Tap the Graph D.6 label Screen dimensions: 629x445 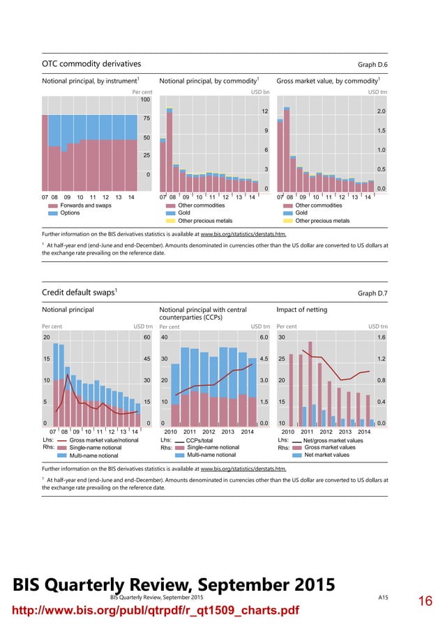372,65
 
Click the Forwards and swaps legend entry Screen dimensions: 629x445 85,205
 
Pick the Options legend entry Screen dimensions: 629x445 70,213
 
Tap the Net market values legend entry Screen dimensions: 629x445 326,455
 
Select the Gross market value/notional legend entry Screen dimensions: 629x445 104,440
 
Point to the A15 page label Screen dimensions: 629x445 383,598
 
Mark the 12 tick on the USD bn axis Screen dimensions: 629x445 264,111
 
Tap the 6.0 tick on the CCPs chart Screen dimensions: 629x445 264,337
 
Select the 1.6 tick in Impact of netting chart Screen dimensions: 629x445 382,337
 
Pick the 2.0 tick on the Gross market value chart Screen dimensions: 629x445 382,111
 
